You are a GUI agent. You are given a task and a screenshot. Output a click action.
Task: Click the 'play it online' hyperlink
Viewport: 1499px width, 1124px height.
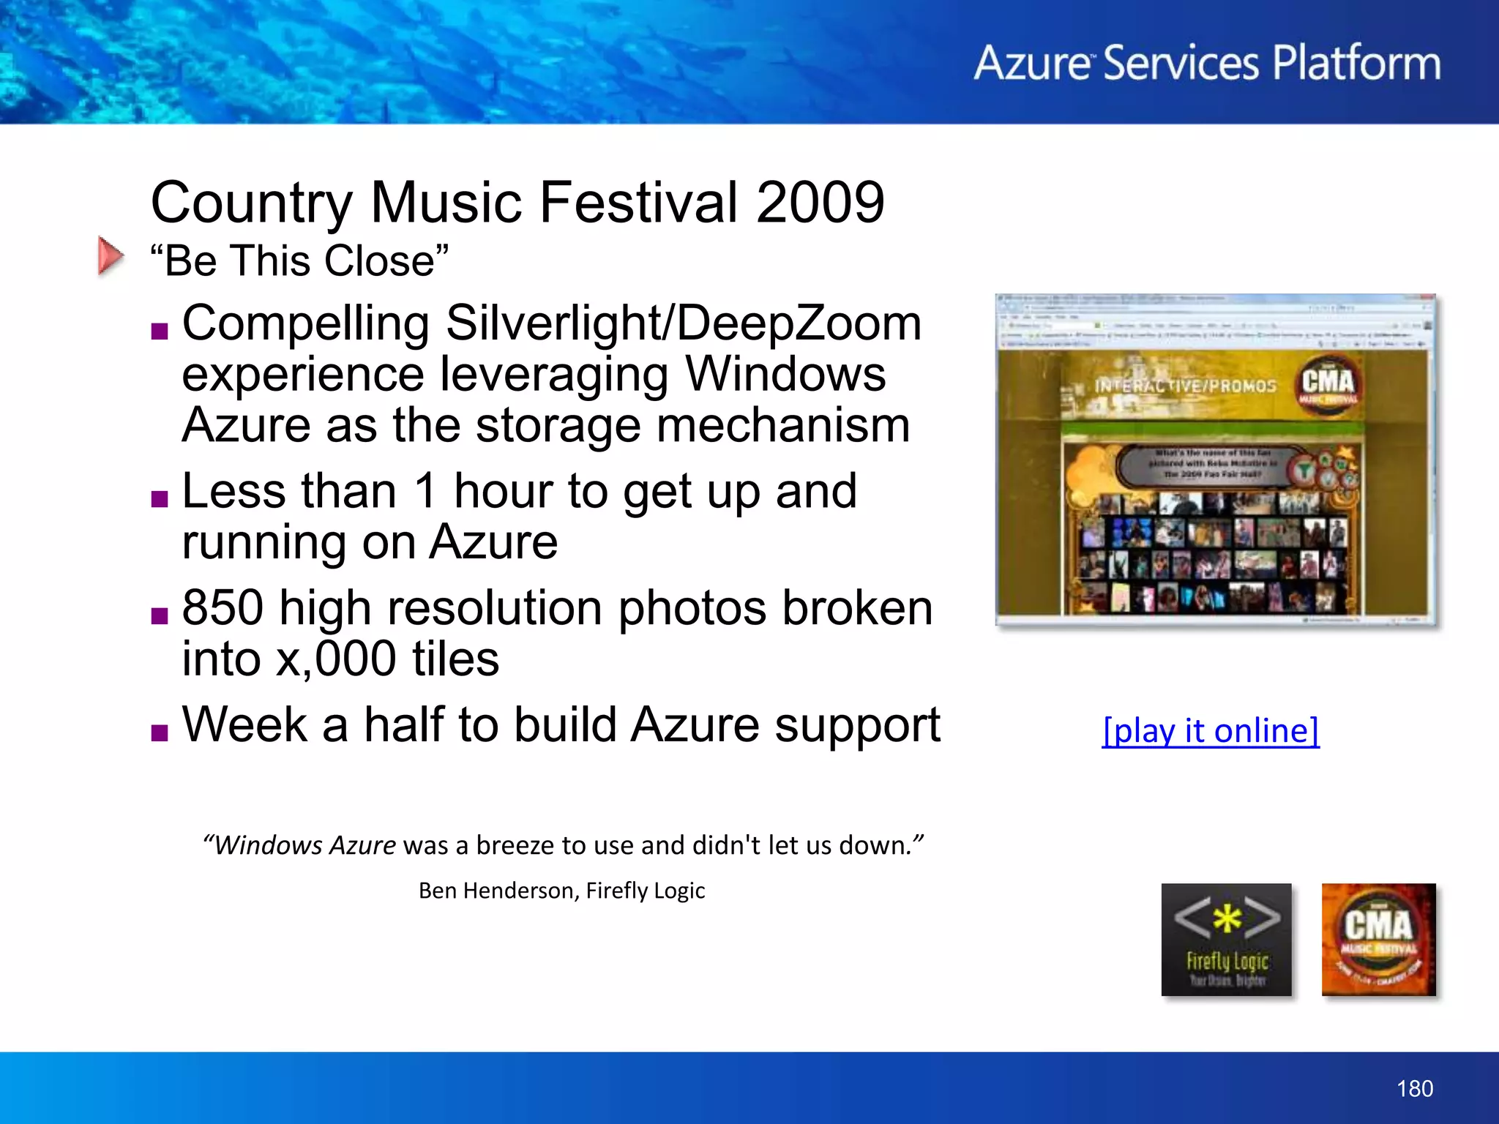pos(1211,731)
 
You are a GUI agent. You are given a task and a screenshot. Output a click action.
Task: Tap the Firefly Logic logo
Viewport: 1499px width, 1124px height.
pos(1226,940)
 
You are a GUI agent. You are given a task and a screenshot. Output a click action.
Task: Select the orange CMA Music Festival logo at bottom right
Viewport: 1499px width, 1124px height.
pos(1378,940)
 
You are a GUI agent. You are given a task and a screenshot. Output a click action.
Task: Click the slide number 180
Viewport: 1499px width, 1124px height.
pos(1414,1089)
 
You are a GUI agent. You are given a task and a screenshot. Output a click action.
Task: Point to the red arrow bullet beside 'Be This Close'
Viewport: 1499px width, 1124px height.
pos(111,256)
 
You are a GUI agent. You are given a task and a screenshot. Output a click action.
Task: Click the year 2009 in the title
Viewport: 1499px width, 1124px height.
pos(820,203)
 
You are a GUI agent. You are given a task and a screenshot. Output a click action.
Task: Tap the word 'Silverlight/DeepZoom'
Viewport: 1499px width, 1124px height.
pos(683,323)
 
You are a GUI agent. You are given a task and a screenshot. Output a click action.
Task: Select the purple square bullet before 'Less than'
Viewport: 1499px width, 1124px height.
pos(160,499)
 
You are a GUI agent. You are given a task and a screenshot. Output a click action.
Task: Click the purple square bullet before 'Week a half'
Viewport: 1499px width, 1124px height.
pos(160,733)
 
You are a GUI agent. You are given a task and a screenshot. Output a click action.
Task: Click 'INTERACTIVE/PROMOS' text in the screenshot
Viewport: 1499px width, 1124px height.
pos(1185,386)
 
